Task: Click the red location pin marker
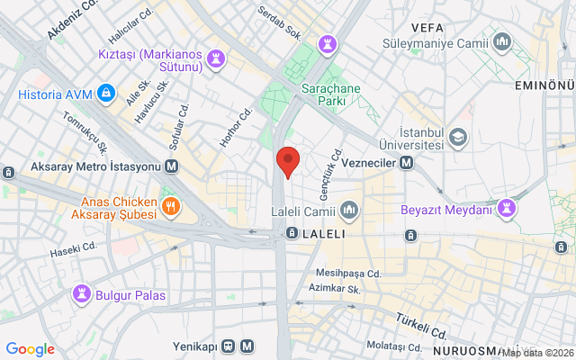(x=287, y=161)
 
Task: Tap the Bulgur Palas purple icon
(x=82, y=293)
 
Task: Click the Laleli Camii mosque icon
(x=350, y=211)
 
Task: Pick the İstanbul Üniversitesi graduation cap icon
(x=458, y=137)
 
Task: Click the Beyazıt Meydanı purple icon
(x=509, y=210)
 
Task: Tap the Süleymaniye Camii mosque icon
(x=502, y=41)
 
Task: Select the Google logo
(x=30, y=349)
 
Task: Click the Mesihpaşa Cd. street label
(x=349, y=273)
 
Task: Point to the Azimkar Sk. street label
(x=334, y=289)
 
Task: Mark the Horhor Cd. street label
(x=236, y=128)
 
